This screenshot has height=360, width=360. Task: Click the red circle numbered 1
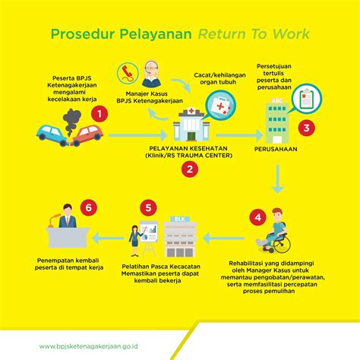(99, 114)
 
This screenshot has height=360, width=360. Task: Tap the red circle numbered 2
(190, 169)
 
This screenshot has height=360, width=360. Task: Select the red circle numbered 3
(306, 128)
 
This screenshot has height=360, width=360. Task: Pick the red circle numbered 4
(257, 217)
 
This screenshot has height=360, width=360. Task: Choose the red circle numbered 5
(148, 208)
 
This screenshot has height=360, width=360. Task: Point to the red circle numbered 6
(89, 207)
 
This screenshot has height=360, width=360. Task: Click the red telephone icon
(128, 73)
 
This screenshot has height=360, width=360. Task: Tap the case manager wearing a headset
(151, 74)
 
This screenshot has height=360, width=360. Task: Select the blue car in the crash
(52, 135)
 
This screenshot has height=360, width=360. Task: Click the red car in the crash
(87, 135)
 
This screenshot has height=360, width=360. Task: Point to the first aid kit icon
(220, 106)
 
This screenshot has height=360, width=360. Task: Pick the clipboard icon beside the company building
(307, 98)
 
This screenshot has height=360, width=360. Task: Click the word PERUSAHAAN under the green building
(276, 149)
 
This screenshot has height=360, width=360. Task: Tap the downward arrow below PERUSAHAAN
(278, 179)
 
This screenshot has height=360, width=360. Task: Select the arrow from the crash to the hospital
(138, 135)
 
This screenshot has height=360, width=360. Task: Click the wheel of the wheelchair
(282, 244)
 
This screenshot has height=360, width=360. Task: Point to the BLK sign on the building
(180, 219)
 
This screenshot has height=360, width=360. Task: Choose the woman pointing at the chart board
(136, 241)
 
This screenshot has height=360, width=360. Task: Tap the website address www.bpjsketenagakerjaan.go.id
(89, 346)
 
